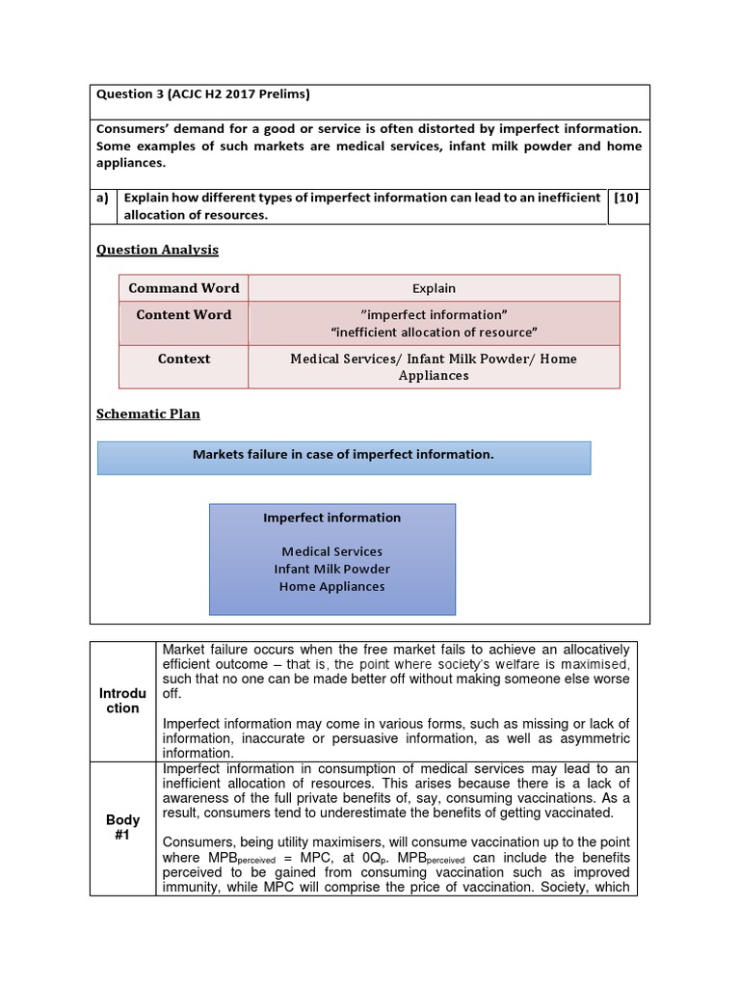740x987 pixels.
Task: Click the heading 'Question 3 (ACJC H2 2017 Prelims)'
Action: click(202, 94)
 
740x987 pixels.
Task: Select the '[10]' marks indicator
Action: click(625, 198)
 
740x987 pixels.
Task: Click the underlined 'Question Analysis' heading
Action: click(157, 250)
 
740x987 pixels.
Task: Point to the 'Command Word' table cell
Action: click(184, 288)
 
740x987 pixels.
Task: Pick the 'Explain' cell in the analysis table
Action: click(434, 288)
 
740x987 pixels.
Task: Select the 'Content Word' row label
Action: click(184, 315)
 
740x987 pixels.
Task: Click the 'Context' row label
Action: click(184, 359)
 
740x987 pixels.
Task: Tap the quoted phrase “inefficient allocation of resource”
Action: click(434, 333)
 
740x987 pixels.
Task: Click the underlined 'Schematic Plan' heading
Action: click(148, 413)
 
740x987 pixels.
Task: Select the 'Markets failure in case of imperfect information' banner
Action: click(343, 455)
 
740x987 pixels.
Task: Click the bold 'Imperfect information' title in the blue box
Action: click(331, 518)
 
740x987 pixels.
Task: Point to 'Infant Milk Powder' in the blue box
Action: click(331, 569)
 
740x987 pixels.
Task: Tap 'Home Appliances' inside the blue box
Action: click(331, 586)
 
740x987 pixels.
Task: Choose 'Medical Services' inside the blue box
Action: click(331, 551)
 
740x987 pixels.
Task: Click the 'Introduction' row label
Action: click(122, 701)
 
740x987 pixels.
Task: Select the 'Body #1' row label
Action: click(122, 828)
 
